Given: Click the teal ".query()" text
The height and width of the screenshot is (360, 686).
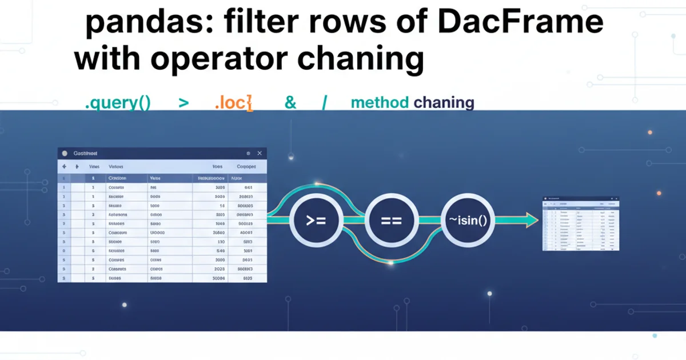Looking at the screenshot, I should pyautogui.click(x=117, y=103).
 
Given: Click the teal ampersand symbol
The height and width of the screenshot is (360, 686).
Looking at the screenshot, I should pyautogui.click(x=290, y=103).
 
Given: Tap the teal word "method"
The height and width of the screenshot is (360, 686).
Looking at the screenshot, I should pyautogui.click(x=380, y=103).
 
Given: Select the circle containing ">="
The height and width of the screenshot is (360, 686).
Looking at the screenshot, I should pyautogui.click(x=316, y=220).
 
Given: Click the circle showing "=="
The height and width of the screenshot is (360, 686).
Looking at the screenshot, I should pyautogui.click(x=392, y=220).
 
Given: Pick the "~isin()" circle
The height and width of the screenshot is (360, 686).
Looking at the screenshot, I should pyautogui.click(x=468, y=220).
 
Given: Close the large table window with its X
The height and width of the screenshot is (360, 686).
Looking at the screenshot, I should pyautogui.click(x=259, y=154).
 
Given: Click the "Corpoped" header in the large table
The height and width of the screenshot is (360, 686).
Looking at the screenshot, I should pyautogui.click(x=246, y=167).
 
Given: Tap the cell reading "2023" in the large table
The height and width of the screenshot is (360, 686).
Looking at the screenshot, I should pyautogui.click(x=219, y=268).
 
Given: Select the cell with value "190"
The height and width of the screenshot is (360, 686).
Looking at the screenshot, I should pyautogui.click(x=221, y=242).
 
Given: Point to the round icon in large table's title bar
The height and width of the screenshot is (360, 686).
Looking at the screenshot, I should pyautogui.click(x=65, y=154).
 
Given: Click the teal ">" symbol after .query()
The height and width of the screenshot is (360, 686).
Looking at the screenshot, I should pyautogui.click(x=184, y=103).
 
